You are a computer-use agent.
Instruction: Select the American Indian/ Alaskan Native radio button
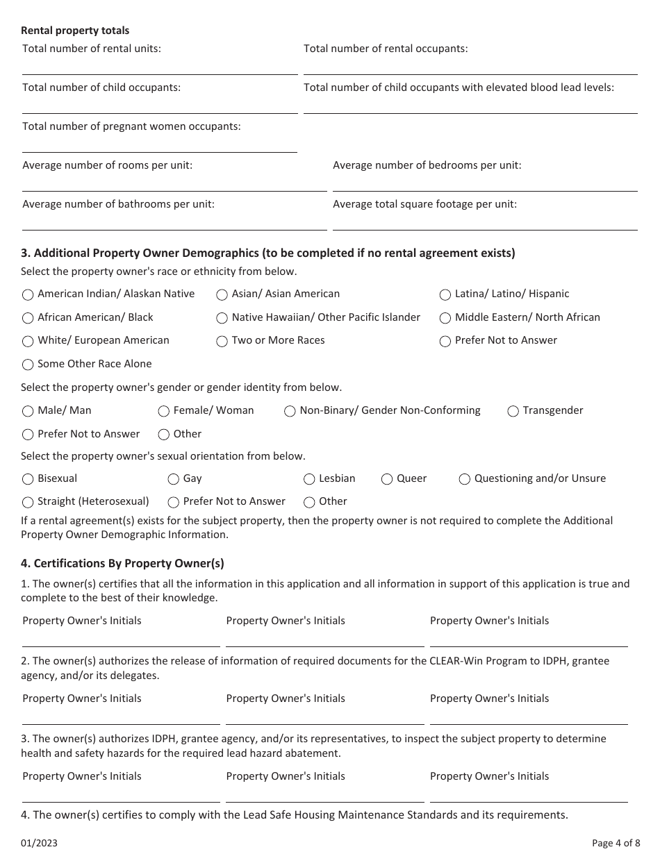(28, 294)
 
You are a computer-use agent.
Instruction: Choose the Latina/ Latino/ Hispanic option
(445, 294)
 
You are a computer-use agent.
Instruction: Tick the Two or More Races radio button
(222, 341)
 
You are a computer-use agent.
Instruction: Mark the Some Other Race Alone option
(28, 365)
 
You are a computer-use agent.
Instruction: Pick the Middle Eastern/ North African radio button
(445, 318)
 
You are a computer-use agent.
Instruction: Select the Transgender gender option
(513, 411)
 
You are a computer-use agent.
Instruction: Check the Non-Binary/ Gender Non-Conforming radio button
(290, 411)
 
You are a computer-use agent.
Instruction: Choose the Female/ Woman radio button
(164, 411)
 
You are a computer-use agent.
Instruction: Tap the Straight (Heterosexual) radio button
(28, 502)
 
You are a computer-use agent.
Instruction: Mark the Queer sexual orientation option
(388, 479)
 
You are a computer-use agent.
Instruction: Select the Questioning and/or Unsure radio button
(465, 479)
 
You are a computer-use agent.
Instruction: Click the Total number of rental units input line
(160, 66)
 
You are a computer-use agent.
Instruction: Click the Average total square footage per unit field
(485, 221)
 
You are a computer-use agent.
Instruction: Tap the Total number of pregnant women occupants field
(160, 144)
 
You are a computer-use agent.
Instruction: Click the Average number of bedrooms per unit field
(485, 183)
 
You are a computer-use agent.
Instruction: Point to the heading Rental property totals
(75, 31)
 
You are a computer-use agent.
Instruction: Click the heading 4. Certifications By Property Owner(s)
(122, 564)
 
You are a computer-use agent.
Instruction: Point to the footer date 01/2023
(39, 843)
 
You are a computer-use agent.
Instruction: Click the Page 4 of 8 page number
(616, 843)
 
